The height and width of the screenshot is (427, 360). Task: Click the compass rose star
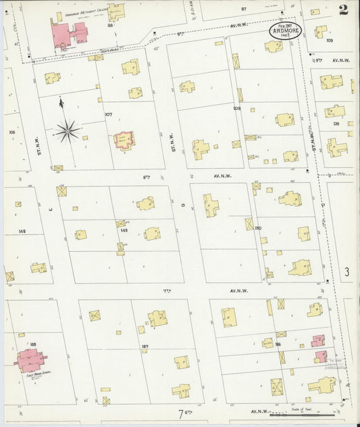coord(68,129)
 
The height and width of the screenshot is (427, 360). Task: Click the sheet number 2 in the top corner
coord(344,9)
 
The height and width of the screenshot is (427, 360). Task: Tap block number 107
coord(108,114)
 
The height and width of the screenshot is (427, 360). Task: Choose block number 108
coord(237,108)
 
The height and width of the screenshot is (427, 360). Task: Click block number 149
coord(124,230)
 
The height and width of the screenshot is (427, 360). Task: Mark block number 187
coord(145,347)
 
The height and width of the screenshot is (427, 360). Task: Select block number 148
coord(22,231)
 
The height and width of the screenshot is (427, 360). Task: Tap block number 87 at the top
coord(244,9)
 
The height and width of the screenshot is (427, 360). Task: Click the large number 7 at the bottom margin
coord(181,413)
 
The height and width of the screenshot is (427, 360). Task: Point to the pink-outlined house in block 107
coord(123,140)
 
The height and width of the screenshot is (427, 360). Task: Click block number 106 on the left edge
coord(11,132)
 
